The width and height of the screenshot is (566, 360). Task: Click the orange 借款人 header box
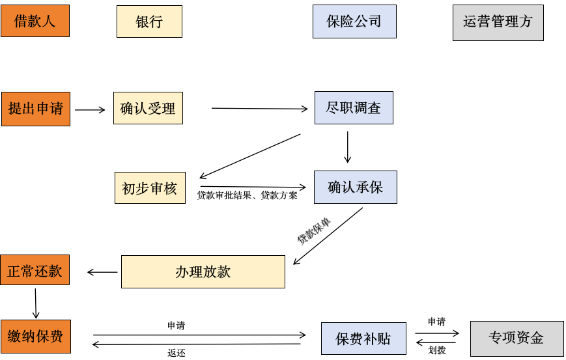click(x=35, y=21)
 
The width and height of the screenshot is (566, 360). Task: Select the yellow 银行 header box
click(x=149, y=21)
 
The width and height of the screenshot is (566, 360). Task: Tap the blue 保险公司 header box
click(x=354, y=21)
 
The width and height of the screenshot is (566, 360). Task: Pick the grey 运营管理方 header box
click(x=498, y=23)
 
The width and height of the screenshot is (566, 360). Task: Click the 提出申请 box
click(x=35, y=109)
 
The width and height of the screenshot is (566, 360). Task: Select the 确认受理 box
click(x=148, y=108)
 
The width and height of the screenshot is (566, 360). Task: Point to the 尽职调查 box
click(x=354, y=107)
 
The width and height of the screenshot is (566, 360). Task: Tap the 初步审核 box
click(x=150, y=188)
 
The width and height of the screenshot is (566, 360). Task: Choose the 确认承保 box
click(x=355, y=187)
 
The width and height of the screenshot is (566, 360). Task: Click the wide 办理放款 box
click(x=203, y=271)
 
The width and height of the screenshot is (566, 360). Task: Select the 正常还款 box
click(x=35, y=271)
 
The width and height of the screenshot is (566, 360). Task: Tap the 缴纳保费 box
click(x=35, y=336)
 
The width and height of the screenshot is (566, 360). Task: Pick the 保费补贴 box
click(x=363, y=339)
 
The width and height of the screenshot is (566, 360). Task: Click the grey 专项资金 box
click(x=516, y=338)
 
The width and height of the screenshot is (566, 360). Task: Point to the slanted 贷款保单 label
click(x=314, y=230)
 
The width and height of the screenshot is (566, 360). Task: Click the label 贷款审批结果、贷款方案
click(x=248, y=195)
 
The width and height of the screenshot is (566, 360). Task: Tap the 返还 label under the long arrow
click(x=177, y=353)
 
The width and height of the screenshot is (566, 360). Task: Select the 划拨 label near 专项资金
click(x=437, y=350)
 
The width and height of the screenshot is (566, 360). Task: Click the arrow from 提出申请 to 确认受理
click(x=90, y=110)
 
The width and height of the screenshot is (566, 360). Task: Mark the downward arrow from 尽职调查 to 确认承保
click(x=347, y=147)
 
